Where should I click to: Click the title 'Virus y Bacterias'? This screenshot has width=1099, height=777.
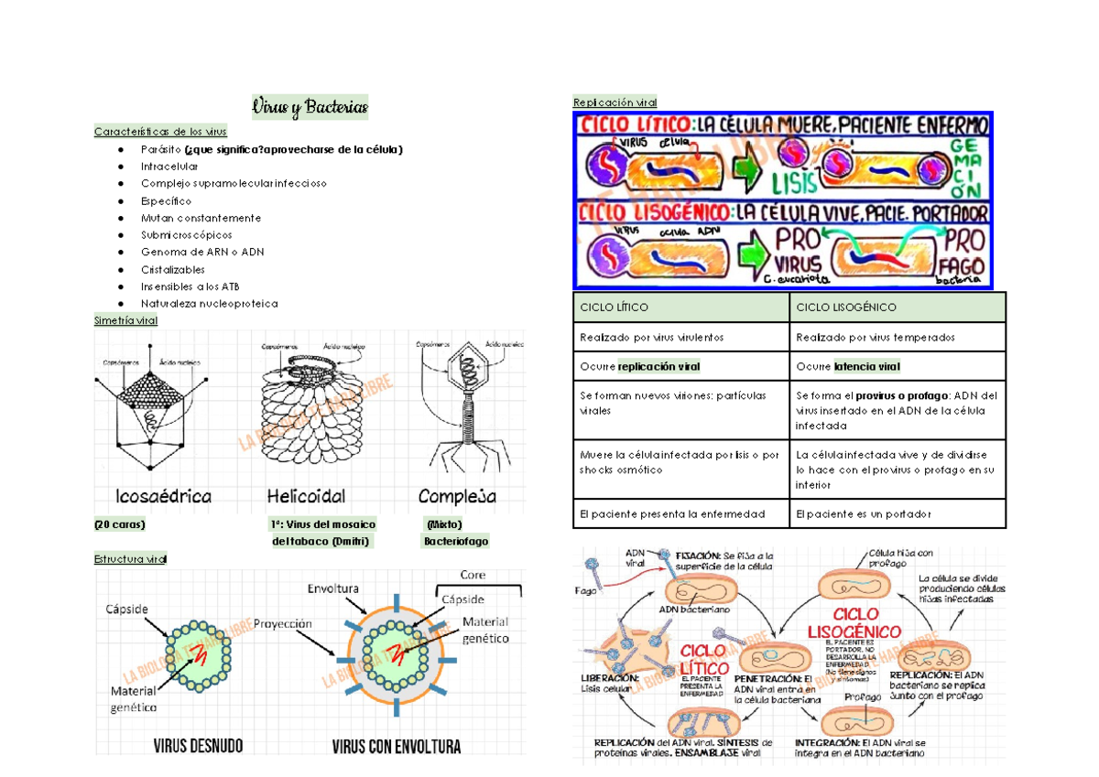click(310, 108)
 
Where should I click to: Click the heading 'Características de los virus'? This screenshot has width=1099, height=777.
click(160, 132)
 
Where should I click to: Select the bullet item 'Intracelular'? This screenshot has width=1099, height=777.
click(169, 167)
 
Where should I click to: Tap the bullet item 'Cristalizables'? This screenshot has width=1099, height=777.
click(173, 269)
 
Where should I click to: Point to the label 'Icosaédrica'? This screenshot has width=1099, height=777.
click(163, 497)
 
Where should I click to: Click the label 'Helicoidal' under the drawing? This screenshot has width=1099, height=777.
click(306, 497)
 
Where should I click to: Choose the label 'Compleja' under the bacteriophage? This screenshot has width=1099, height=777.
click(457, 497)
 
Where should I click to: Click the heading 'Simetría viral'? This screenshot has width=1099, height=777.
click(125, 321)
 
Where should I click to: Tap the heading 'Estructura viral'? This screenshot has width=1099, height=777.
click(130, 559)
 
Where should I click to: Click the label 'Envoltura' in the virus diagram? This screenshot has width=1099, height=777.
click(333, 588)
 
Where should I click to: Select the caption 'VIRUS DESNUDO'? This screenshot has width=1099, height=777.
click(198, 747)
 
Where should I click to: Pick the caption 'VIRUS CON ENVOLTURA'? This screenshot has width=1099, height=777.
click(396, 747)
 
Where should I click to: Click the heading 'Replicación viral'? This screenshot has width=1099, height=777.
click(614, 102)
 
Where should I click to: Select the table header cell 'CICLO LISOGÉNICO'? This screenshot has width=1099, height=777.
click(846, 308)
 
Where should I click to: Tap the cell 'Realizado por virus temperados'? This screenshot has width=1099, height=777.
click(875, 337)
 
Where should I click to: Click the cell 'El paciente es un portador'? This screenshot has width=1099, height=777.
click(864, 514)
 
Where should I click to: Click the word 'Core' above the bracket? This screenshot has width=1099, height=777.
click(473, 576)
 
